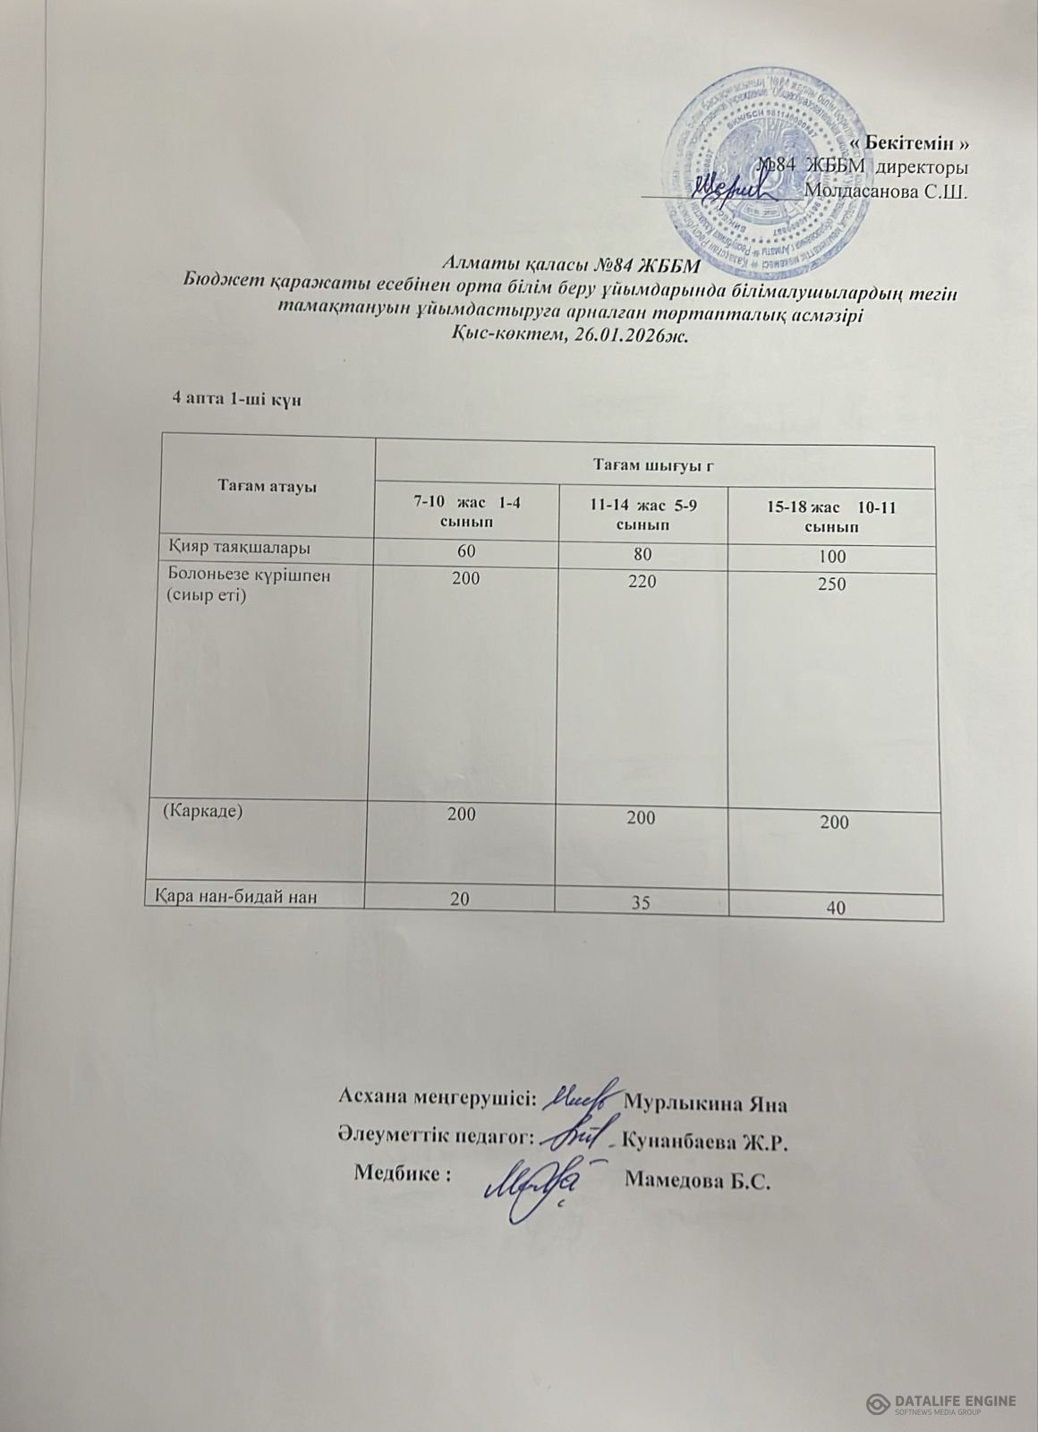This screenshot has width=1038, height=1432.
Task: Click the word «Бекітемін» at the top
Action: pos(920,144)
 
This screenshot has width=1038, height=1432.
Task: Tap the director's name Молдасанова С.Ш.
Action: pos(887,190)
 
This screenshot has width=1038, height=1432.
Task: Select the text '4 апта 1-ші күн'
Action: pos(234,398)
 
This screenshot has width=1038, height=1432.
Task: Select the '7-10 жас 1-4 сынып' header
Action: pos(466,511)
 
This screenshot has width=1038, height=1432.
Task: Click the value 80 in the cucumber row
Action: pos(642,553)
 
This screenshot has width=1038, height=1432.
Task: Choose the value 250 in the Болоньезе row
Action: pos(835,584)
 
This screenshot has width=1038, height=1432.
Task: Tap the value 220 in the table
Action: pos(642,582)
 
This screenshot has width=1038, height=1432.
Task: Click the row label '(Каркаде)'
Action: pos(203,811)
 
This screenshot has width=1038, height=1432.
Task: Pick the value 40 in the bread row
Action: pos(837,908)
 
